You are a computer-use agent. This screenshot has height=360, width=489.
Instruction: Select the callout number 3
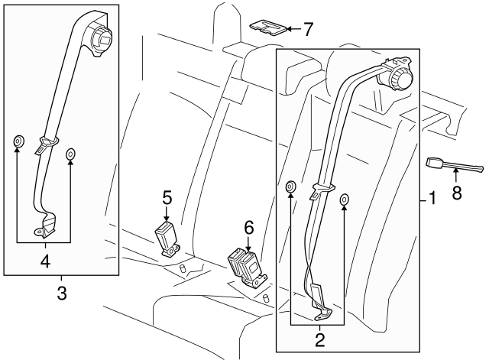point(62,292)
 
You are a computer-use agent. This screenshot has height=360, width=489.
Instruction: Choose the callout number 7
point(308,30)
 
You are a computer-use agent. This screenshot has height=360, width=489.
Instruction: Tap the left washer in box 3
point(17,143)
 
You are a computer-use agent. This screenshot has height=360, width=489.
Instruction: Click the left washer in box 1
point(290,187)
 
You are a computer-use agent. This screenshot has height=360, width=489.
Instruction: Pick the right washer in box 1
point(344,199)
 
